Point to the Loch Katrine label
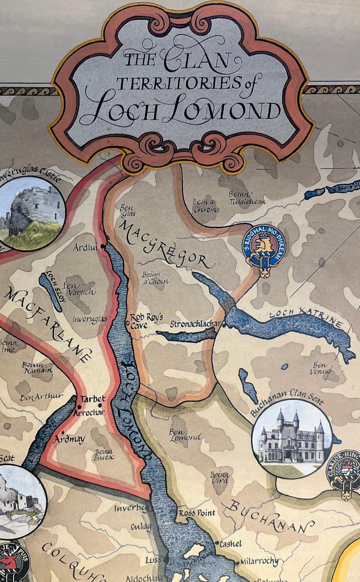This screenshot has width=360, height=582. pos(305,316)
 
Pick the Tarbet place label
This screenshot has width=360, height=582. pos(93,399)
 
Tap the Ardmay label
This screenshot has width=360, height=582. pos(70,439)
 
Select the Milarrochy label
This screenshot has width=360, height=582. pos(259,561)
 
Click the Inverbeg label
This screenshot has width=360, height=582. pos(131,509)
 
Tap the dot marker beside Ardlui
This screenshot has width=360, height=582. pos(103,246)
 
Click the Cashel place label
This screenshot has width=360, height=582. pos(231,544)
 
